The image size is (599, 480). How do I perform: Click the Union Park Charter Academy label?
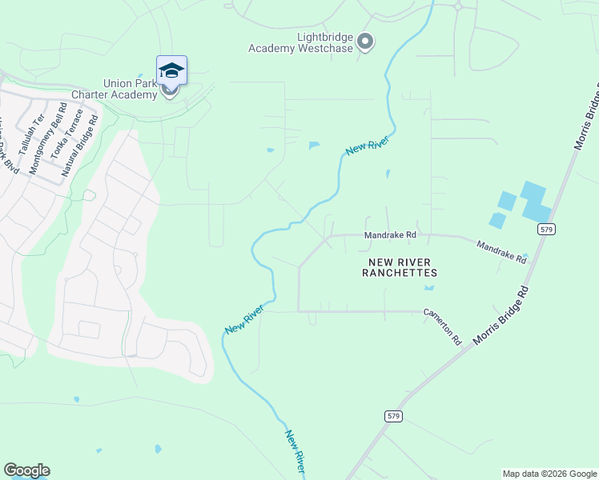pos(131,89)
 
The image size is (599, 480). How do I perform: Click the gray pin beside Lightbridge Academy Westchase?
pos(365,41)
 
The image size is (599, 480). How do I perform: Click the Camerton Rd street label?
pos(443,326)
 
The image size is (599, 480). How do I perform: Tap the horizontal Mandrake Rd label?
pos(391,235)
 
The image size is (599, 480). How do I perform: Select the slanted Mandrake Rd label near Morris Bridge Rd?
pos(501,253)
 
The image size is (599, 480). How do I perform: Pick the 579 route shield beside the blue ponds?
pos(547,229)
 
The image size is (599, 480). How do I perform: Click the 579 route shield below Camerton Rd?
pos(392,416)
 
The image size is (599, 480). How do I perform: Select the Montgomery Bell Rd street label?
pos(46,138)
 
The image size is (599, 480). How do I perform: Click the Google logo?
pos(26,470)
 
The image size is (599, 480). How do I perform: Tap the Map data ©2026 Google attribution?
pos(549,474)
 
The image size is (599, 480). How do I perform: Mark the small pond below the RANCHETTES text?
pos(429,286)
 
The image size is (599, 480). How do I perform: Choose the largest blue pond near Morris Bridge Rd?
pos(533,200)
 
